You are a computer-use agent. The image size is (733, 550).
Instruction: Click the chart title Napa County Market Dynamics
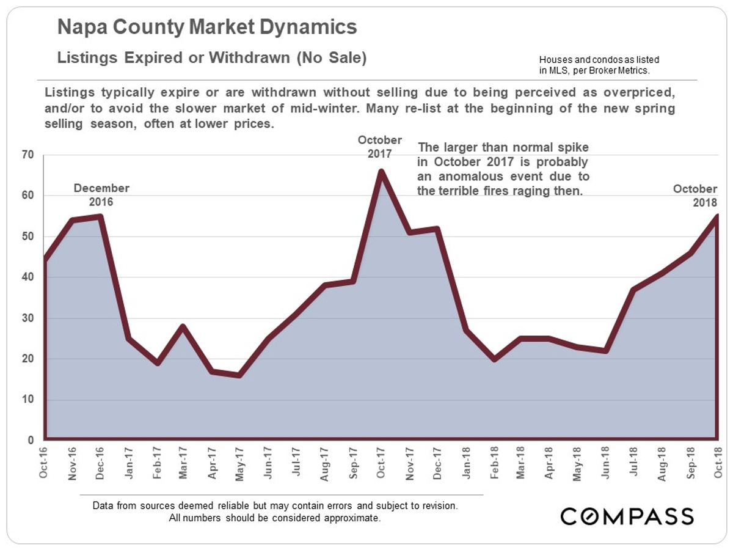coord(207,28)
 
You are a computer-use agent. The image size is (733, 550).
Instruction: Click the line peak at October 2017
coord(381,172)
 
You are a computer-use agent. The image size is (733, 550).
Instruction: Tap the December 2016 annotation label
coord(101,195)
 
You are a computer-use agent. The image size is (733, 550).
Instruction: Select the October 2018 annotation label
coord(695,196)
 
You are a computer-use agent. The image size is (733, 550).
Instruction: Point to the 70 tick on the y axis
coord(27,155)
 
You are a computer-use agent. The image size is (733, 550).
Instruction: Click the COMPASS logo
coord(627,516)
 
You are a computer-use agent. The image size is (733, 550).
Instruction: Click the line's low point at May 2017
coord(239,375)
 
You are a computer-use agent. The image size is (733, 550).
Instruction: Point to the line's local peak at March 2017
coord(183,326)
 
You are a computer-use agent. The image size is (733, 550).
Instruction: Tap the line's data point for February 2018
coord(493,359)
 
